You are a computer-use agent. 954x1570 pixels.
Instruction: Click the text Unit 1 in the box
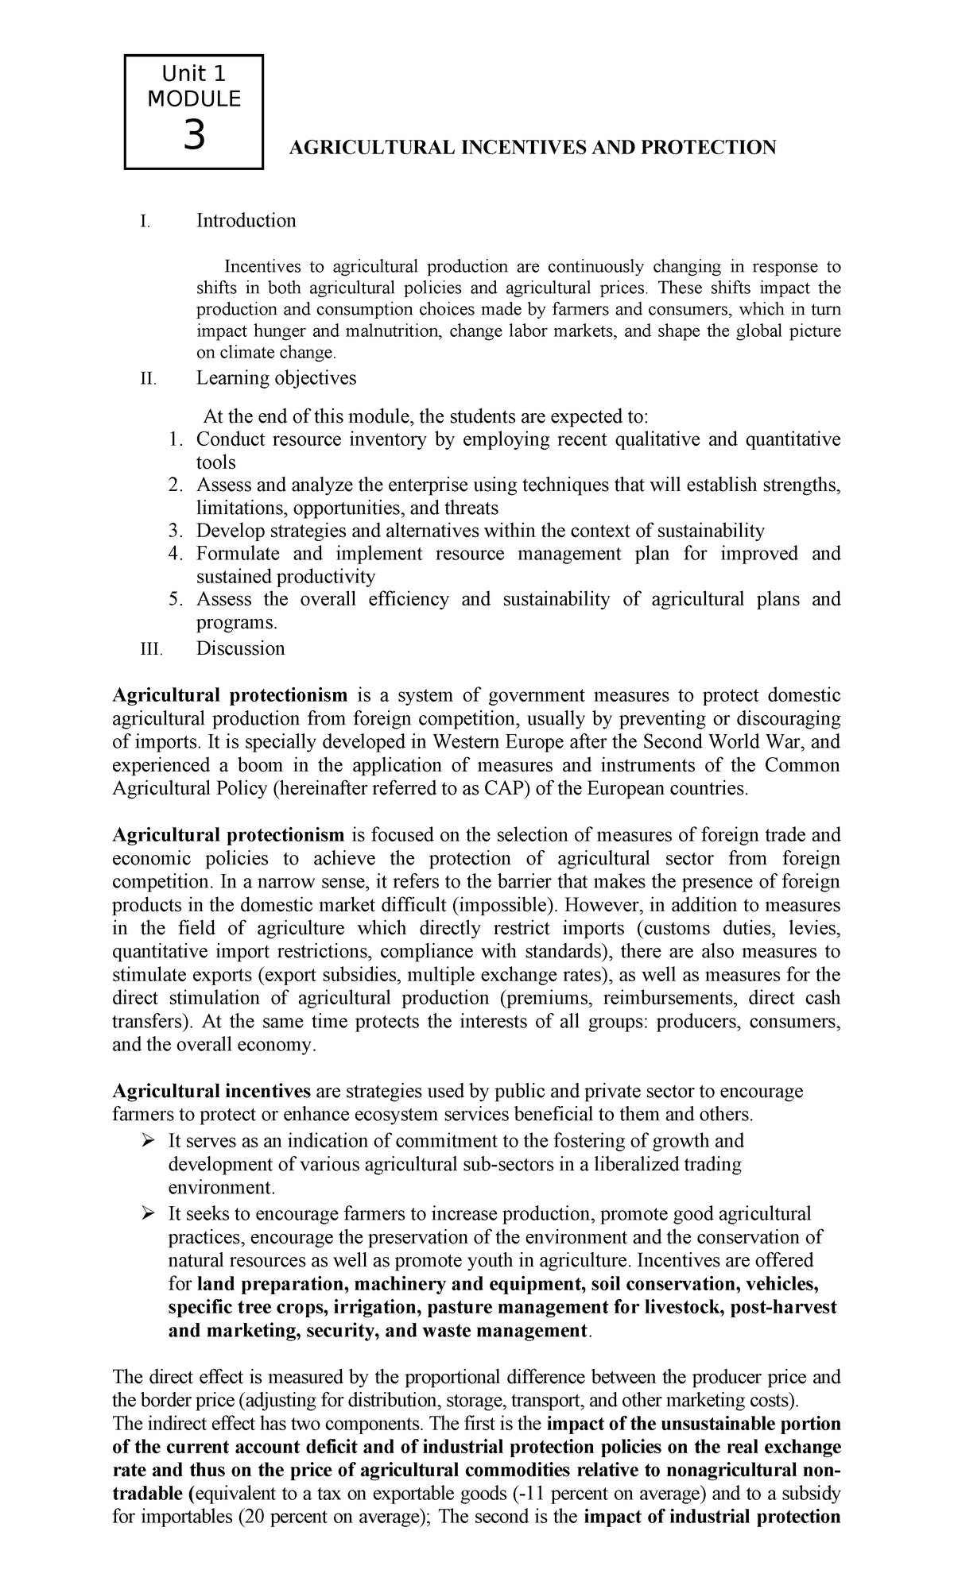coord(193,75)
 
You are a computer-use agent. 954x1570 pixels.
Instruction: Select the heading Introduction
coord(246,221)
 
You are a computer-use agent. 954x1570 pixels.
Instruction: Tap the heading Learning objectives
coord(276,378)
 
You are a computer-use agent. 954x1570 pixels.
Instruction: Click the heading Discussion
coord(240,648)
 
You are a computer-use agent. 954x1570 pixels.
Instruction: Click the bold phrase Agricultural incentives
coord(211,1091)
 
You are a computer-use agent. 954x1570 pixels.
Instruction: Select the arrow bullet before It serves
coord(146,1141)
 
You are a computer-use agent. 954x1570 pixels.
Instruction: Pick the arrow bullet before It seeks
coord(146,1213)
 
